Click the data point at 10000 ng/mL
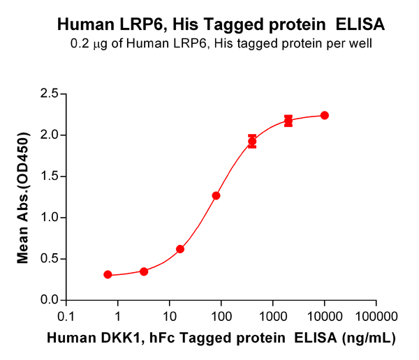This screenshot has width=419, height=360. click(324, 115)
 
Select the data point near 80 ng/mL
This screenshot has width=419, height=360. click(216, 195)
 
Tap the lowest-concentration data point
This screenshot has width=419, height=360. click(108, 275)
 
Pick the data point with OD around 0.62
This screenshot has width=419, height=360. click(180, 249)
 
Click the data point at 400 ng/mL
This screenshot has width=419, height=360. click(252, 142)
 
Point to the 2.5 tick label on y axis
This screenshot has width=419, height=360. click(49, 93)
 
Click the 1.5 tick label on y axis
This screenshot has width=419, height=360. click(49, 176)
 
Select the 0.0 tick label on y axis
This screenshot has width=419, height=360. click(49, 300)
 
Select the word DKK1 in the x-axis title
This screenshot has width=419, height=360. click(109, 338)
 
